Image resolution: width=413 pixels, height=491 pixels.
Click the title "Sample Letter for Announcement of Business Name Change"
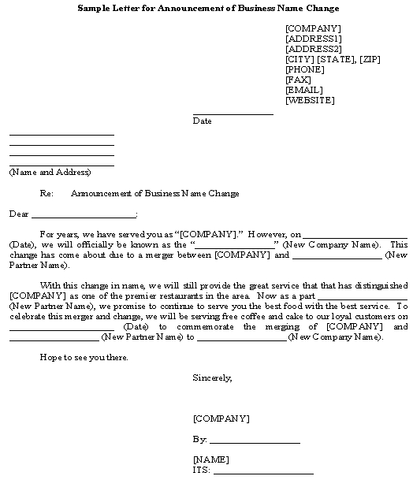pyautogui.click(x=209, y=8)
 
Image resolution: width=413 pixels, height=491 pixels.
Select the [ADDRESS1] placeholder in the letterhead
pyautogui.click(x=313, y=39)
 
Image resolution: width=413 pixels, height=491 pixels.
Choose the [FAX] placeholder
pyautogui.click(x=298, y=80)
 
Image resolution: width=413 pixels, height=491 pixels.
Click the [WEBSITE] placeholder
pyautogui.click(x=310, y=100)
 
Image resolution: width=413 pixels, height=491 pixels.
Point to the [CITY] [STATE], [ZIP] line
pyautogui.click(x=333, y=59)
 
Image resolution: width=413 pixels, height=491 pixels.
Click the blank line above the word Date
pyautogui.click(x=233, y=114)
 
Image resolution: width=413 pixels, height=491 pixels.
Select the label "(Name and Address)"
pyautogui.click(x=50, y=172)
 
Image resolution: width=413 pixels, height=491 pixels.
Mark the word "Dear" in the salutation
pyautogui.click(x=18, y=214)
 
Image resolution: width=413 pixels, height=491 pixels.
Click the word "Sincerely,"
pyautogui.click(x=212, y=378)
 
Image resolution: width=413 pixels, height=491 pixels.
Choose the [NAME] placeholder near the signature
pyautogui.click(x=210, y=459)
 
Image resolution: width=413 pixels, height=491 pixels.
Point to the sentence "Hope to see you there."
pyautogui.click(x=84, y=357)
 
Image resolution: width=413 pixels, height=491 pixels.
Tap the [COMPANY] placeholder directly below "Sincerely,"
pyautogui.click(x=221, y=418)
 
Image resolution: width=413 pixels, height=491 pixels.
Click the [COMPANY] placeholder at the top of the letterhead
pyautogui.click(x=313, y=28)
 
